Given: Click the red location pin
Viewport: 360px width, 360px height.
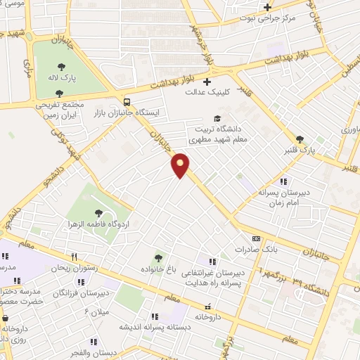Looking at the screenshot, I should [x=181, y=165].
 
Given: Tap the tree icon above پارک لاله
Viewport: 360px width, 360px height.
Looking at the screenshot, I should [x=62, y=67].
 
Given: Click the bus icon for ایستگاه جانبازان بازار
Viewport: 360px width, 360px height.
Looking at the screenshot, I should [x=126, y=101].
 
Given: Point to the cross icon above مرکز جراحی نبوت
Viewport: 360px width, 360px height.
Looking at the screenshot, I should [x=266, y=8].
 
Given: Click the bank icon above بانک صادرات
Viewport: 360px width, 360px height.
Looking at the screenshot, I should [x=257, y=239].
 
